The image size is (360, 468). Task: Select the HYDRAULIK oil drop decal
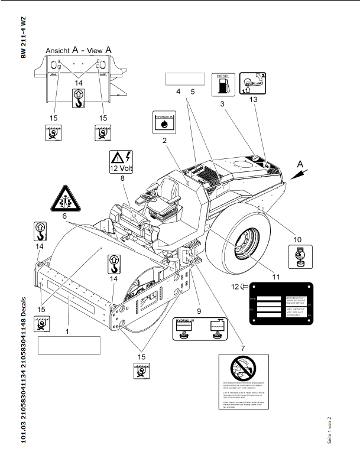click(164, 122)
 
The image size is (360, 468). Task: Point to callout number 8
click(123, 177)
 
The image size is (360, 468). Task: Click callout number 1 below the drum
click(67, 331)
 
